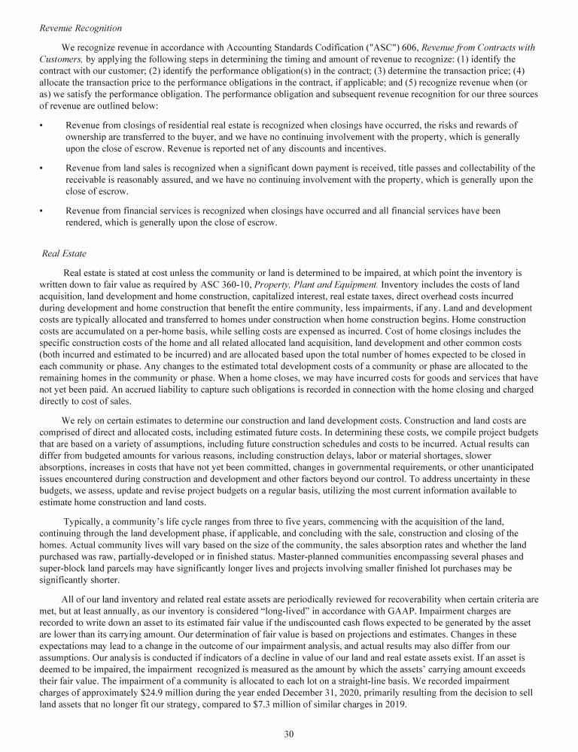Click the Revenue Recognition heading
(81, 29)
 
